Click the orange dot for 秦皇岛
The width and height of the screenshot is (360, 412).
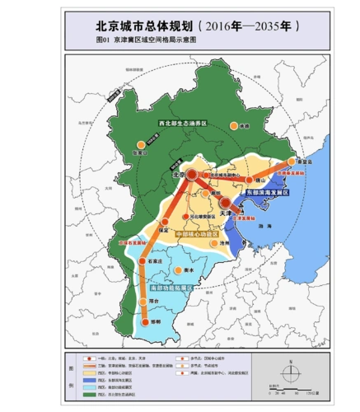pyautogui.click(x=292, y=162)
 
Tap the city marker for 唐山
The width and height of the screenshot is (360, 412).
pyautogui.click(x=247, y=179)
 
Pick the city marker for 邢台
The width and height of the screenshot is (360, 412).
pyautogui.click(x=148, y=302)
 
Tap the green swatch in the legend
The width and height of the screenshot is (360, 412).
pyautogui.click(x=85, y=396)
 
